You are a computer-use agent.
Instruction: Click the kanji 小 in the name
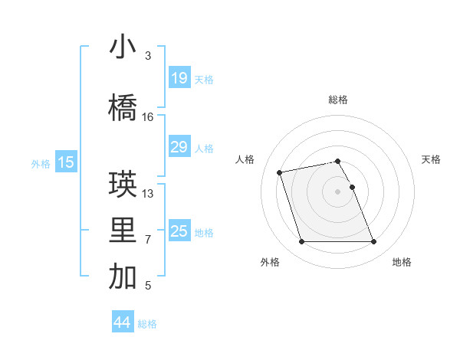[x=123, y=47]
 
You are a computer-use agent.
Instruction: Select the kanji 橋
[x=123, y=108]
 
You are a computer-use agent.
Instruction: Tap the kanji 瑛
[x=123, y=185]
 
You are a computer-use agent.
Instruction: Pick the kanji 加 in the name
[x=123, y=277]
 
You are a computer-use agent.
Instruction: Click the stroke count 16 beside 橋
[x=148, y=117]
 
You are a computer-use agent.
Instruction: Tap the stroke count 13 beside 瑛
[x=148, y=194]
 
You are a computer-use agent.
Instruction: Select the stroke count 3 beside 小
[x=148, y=56]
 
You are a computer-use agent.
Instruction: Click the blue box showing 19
[x=179, y=77]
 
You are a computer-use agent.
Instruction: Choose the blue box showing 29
[x=179, y=147]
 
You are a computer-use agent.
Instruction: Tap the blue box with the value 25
[x=179, y=231]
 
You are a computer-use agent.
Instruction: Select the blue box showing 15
[x=65, y=162]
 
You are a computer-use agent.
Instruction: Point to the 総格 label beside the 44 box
[x=148, y=324]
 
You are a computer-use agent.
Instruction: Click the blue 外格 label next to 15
[x=40, y=163]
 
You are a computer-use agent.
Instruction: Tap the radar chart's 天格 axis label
[x=431, y=159]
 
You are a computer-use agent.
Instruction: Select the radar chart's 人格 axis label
[x=245, y=159]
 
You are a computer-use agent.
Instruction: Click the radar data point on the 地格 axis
[x=373, y=242]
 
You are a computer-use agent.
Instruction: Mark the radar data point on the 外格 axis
[x=301, y=242]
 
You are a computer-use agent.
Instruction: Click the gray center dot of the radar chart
[x=337, y=191]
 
